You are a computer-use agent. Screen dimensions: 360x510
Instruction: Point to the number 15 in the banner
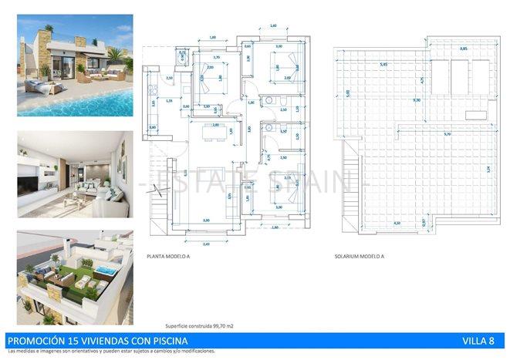(x=62, y=341)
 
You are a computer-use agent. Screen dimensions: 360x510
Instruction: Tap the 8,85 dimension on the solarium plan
(x=463, y=49)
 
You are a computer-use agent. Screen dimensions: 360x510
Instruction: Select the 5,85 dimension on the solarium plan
(x=383, y=65)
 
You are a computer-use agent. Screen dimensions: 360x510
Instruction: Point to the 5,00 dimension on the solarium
(x=348, y=93)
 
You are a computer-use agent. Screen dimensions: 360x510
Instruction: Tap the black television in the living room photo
(x=28, y=183)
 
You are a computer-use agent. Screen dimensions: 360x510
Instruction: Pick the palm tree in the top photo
(x=114, y=57)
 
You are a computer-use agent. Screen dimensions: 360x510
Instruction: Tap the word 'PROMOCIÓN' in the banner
(x=30, y=341)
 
